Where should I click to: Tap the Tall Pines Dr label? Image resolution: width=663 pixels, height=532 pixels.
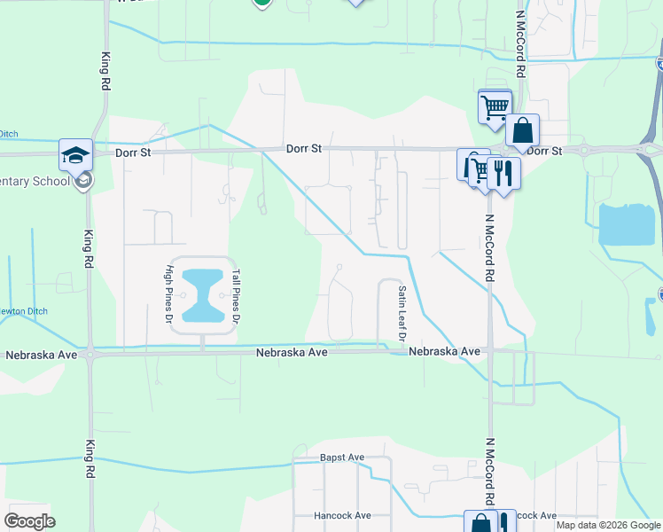click(235, 295)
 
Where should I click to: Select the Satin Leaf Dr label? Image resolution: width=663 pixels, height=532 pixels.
click(402, 312)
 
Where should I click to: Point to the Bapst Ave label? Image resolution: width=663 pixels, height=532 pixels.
click(342, 458)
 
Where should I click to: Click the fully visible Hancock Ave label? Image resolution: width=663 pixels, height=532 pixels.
click(342, 515)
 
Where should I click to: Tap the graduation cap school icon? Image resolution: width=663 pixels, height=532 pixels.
click(76, 155)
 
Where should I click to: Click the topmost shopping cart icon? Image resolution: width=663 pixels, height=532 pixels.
click(495, 106)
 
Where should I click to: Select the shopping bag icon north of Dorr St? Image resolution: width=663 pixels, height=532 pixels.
click(523, 131)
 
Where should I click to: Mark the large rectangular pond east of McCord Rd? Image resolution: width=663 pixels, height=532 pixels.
click(627, 224)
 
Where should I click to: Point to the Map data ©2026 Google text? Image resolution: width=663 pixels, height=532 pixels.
click(608, 525)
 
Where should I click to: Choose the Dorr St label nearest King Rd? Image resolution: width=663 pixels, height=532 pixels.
click(134, 153)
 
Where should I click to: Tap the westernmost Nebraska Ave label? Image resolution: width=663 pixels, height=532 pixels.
click(41, 355)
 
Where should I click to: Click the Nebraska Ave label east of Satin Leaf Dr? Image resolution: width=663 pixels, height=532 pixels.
click(444, 352)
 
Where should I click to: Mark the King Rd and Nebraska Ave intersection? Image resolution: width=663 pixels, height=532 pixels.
click(91, 354)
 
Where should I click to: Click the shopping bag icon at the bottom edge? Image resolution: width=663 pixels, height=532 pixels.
click(480, 523)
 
